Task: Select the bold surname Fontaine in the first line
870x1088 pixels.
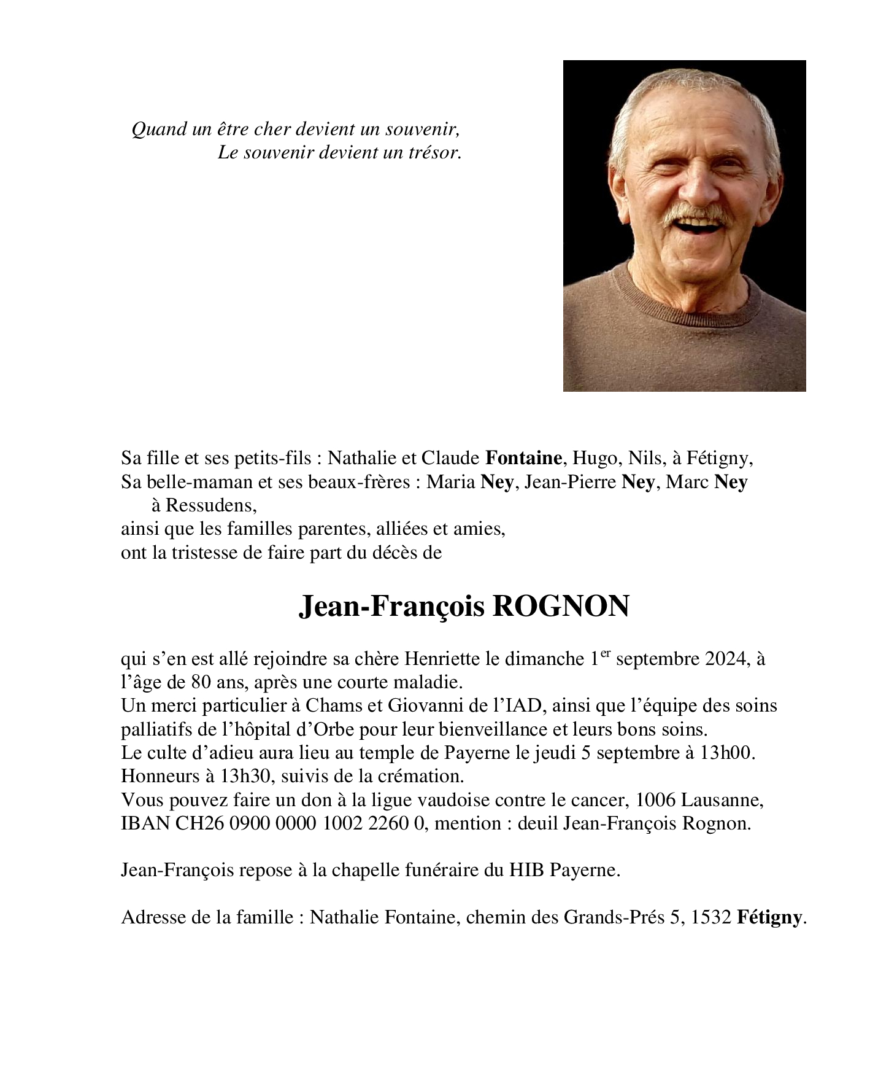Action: [x=523, y=458]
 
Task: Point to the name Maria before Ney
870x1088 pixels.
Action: [x=451, y=482]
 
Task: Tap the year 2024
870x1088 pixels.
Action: [x=725, y=659]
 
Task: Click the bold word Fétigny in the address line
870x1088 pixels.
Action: [x=769, y=918]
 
